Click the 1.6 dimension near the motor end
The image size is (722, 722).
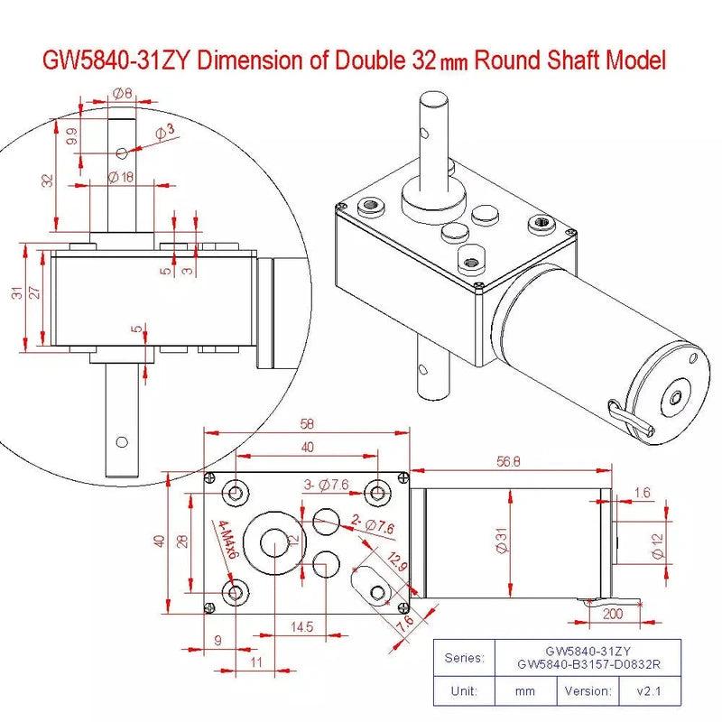(642, 492)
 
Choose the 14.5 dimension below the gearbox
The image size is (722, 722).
(302, 627)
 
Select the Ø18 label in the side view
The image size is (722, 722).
(120, 177)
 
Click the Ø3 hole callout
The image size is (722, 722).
(165, 134)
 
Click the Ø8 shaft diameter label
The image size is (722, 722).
(122, 92)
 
